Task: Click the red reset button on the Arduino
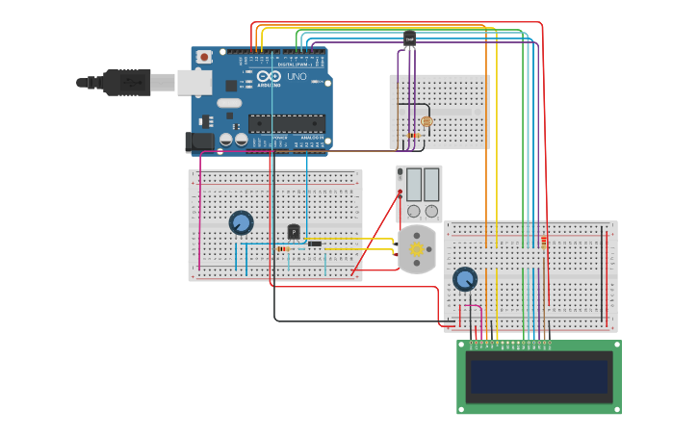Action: (x=203, y=58)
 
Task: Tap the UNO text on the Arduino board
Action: (x=297, y=76)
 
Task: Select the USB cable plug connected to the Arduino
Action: (x=126, y=83)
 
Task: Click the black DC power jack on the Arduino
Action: (x=199, y=141)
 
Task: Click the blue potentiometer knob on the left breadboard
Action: (x=241, y=222)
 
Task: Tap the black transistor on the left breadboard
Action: (x=294, y=232)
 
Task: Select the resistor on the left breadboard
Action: (x=283, y=249)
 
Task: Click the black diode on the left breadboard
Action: (x=315, y=244)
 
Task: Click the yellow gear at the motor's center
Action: (x=417, y=249)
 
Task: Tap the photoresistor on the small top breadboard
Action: (x=427, y=121)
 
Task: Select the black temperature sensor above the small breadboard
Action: (x=409, y=39)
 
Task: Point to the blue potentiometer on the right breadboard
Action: (x=465, y=279)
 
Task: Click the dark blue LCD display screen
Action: (x=538, y=376)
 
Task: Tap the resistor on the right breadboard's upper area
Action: (x=544, y=242)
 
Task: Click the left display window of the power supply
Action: (x=413, y=184)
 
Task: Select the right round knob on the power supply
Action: (x=431, y=211)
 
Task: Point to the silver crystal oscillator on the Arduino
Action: (x=229, y=103)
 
